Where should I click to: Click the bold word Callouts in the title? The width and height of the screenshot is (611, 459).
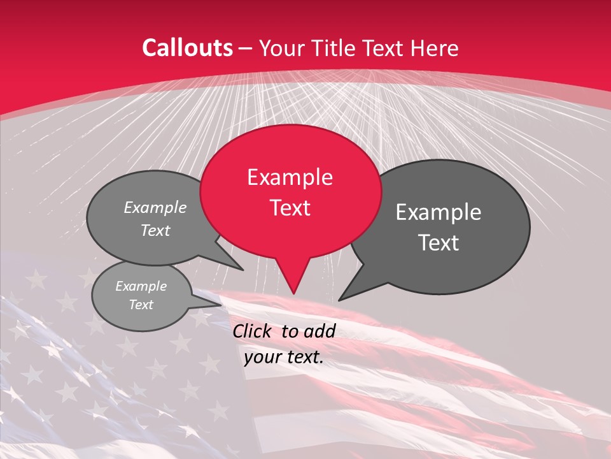[x=187, y=48]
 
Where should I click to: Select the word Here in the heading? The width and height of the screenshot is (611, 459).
[x=435, y=48]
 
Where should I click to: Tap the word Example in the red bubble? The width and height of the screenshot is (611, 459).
[x=290, y=177]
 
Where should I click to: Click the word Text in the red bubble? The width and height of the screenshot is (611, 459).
[x=290, y=208]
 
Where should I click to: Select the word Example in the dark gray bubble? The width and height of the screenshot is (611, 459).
[x=439, y=212]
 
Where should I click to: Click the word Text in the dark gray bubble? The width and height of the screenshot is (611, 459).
[x=439, y=243]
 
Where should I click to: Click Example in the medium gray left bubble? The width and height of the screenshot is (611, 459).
[x=155, y=207]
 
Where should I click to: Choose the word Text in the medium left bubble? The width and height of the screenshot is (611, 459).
[x=155, y=230]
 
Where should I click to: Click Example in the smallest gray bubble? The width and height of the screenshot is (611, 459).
[x=141, y=286]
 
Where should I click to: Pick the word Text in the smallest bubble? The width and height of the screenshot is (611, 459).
[x=141, y=305]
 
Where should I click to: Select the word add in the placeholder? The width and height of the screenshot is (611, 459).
[x=320, y=331]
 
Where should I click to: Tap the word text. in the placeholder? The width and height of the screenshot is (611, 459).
[x=304, y=358]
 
